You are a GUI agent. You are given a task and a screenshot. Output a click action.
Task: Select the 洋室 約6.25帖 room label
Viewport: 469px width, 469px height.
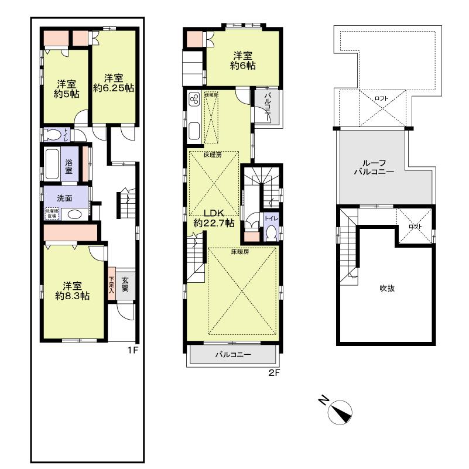coord(114,83)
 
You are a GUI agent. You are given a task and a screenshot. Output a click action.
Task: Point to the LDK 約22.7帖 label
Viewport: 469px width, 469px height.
coord(214,217)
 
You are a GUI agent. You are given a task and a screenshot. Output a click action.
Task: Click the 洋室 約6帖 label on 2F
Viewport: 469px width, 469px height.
coord(242,61)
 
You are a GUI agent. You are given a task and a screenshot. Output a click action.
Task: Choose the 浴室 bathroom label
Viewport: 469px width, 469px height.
coord(69,166)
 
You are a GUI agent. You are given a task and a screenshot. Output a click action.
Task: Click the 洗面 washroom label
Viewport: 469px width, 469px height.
coord(64,198)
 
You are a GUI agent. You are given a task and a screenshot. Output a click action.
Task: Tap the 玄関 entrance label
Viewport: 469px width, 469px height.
coord(125,284)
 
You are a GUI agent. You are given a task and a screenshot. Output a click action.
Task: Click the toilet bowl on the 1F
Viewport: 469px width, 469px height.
coord(53,135)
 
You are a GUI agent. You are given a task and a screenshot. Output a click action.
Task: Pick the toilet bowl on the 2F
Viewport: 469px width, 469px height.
coord(270,233)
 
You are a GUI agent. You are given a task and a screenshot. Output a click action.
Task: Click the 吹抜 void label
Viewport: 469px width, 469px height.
coord(386,288)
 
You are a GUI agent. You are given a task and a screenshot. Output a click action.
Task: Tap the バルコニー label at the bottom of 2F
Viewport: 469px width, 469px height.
coord(232,355)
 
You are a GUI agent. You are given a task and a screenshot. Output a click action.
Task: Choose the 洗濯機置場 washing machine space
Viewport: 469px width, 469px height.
coord(52,214)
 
